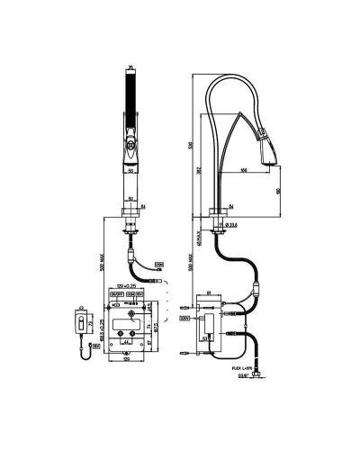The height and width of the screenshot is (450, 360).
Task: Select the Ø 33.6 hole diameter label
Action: (233, 225)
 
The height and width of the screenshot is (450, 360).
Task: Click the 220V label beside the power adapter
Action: (185, 317)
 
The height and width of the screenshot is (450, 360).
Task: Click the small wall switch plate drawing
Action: (81, 323)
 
